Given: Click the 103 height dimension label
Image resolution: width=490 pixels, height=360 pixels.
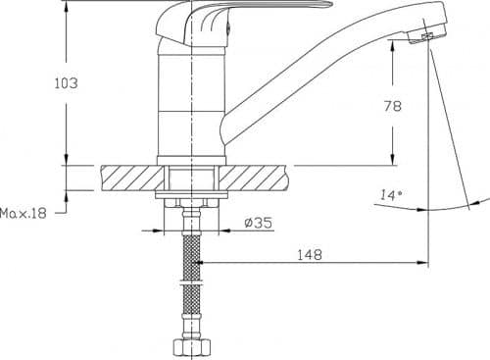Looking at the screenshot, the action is (x=66, y=83).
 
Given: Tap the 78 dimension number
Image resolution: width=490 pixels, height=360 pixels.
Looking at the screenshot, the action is (x=392, y=106).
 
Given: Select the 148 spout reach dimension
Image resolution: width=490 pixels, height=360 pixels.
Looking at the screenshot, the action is (x=310, y=254).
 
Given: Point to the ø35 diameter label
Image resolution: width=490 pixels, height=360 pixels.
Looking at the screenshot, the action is (x=258, y=223).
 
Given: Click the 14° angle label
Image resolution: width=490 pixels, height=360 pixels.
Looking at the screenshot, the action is (x=391, y=195).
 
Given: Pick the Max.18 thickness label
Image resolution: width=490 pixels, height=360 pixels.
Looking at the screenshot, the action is (x=24, y=213).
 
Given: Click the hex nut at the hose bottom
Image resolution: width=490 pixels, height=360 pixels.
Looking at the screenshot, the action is (x=191, y=348).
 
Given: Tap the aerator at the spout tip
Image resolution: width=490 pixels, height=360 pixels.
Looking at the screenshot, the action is (x=426, y=37).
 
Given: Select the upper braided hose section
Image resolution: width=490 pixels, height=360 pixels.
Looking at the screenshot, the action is (x=191, y=257).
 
